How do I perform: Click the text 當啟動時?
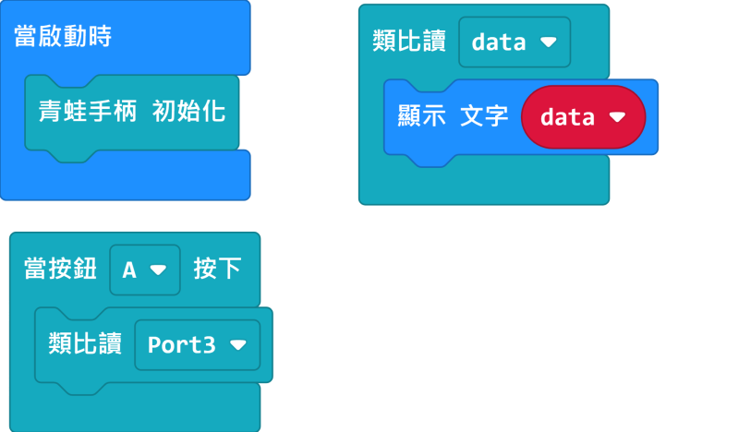63,36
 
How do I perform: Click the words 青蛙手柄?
88,111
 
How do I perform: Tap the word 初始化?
188,111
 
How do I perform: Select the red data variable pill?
584,117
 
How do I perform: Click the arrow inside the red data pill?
617,116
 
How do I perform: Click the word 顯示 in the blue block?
422,116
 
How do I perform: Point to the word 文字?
484,116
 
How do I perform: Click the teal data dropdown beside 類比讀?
515,42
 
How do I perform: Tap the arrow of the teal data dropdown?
549,42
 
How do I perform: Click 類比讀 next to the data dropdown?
409,41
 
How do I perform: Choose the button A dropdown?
145,270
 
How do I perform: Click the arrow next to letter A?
158,270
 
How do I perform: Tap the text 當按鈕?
60,269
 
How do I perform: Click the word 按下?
217,269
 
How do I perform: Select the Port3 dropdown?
198,345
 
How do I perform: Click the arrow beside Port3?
238,345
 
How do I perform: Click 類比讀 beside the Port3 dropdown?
85,343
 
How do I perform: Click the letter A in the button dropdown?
129,270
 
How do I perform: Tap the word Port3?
182,345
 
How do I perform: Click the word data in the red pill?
567,117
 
